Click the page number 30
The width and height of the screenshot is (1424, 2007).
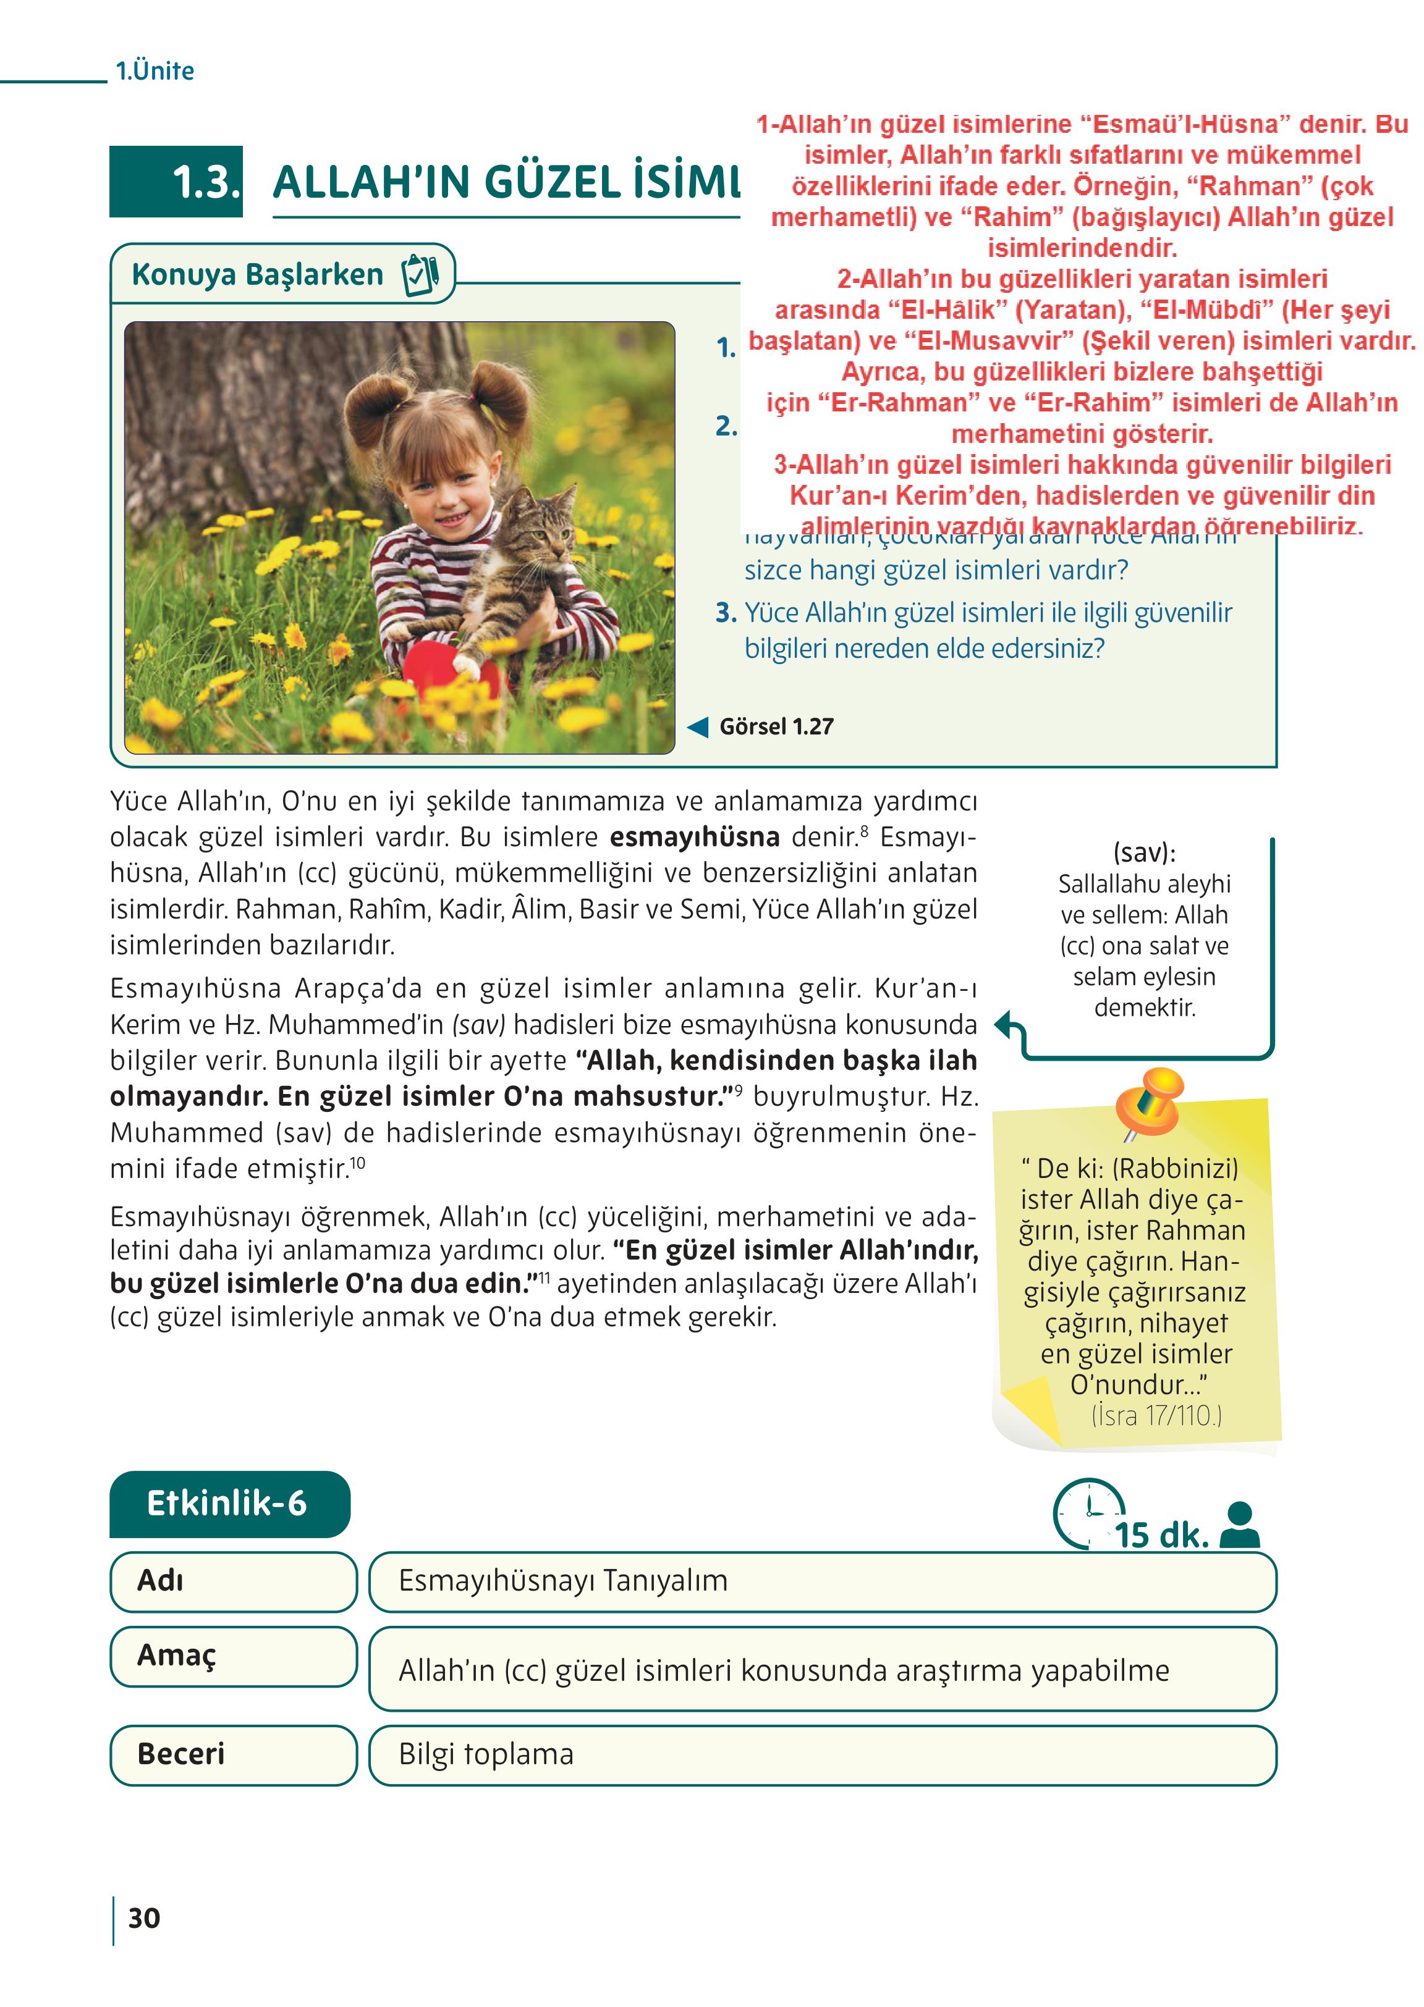(144, 1917)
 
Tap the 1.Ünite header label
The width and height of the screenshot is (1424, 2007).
(155, 70)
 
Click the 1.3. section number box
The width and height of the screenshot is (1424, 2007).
(176, 182)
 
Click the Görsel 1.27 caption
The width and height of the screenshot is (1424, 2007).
(776, 726)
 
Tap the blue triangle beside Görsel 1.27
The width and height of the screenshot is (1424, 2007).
(698, 726)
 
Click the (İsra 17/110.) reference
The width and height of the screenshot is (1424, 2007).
(1156, 1415)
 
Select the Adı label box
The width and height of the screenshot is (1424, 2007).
(232, 1581)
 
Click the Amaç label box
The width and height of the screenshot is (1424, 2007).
(232, 1656)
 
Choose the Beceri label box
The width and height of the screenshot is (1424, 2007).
(232, 1754)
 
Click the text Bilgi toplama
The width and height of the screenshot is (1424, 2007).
(486, 1754)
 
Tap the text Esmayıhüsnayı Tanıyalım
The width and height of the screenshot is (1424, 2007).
(563, 1580)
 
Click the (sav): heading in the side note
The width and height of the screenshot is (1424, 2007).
(1143, 852)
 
